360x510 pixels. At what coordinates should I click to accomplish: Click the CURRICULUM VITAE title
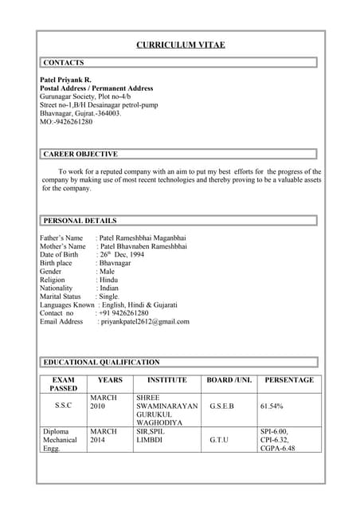click(x=180, y=45)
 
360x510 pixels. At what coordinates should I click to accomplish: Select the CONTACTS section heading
click(x=64, y=62)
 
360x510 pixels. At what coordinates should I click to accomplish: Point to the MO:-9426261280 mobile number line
click(x=66, y=122)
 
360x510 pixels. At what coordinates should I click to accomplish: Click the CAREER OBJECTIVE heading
click(x=80, y=154)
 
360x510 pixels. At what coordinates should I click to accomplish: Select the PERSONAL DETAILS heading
click(x=80, y=221)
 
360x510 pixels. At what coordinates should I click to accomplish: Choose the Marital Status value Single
click(x=108, y=296)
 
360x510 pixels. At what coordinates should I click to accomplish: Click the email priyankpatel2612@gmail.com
click(x=145, y=322)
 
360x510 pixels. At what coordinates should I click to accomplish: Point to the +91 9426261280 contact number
click(x=124, y=313)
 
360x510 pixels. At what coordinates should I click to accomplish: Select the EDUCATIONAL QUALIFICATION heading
click(x=101, y=362)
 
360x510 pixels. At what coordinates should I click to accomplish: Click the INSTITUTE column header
click(x=166, y=380)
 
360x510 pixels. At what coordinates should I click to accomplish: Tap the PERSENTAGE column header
click(x=289, y=380)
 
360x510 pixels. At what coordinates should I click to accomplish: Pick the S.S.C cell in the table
click(x=63, y=406)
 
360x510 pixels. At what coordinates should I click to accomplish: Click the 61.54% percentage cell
click(x=272, y=406)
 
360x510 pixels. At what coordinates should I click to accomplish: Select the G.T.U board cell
click(x=219, y=439)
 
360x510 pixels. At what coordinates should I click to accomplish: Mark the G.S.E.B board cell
click(x=221, y=406)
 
